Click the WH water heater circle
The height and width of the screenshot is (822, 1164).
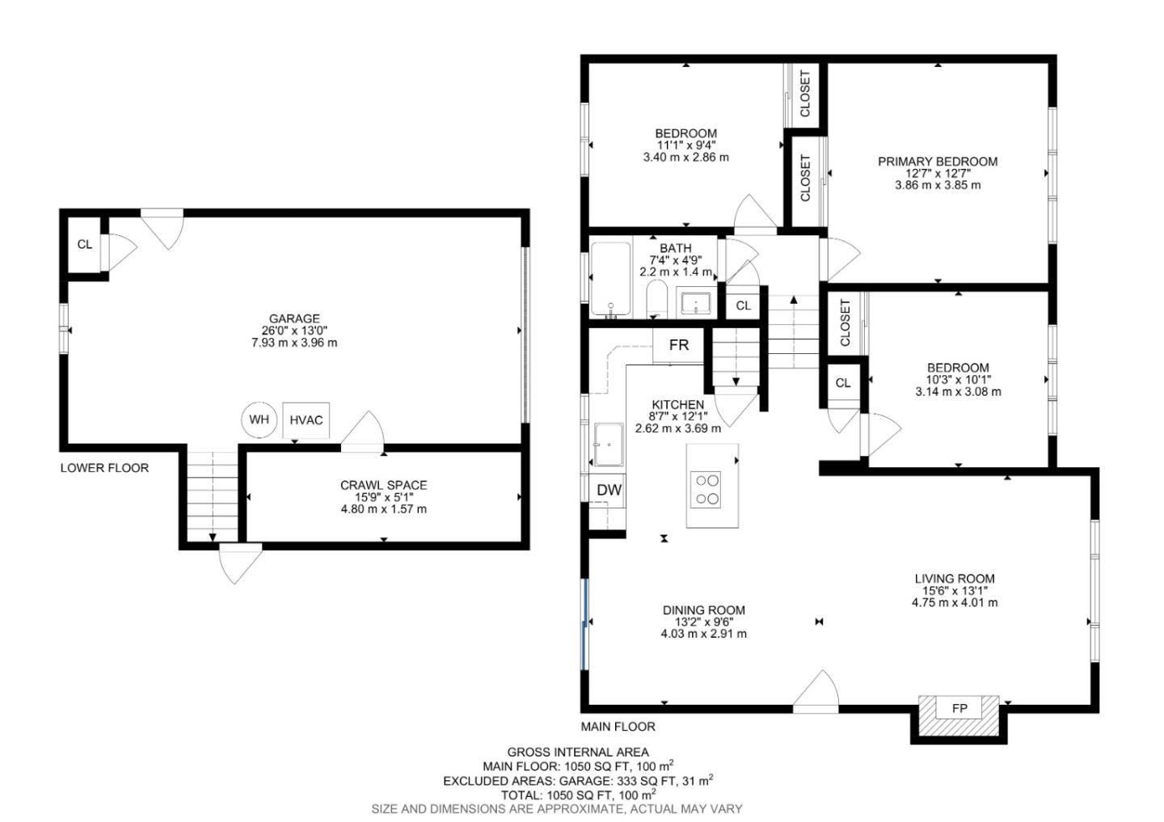259,419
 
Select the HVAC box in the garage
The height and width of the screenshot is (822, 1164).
306,420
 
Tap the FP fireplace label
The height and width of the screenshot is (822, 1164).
959,709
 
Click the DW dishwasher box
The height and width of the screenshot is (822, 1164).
608,490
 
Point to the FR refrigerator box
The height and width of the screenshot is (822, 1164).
679,345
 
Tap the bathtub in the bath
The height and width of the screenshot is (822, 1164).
610,279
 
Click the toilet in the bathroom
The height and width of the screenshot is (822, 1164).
656,300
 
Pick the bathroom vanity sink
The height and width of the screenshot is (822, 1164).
696,303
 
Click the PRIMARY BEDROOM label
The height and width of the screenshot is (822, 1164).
938,162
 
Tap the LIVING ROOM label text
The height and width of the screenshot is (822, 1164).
955,579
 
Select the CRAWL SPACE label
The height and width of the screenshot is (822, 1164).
383,485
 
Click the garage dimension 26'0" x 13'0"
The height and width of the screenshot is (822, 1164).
294,331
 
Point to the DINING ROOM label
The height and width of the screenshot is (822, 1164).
703,610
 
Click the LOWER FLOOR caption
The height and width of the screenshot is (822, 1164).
104,468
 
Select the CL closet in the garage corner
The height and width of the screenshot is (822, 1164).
84,245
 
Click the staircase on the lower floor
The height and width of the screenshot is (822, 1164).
213,495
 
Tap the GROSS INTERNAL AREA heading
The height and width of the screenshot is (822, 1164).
577,752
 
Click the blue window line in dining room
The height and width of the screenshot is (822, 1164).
584,623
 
